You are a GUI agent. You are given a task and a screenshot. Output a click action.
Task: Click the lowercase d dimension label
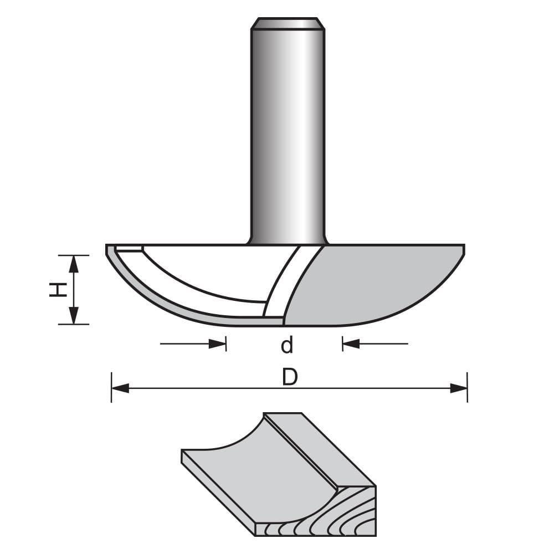click(x=286, y=345)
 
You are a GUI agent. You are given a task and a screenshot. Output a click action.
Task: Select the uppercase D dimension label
click(x=289, y=377)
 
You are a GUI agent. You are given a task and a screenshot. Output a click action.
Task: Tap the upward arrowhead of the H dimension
click(x=73, y=264)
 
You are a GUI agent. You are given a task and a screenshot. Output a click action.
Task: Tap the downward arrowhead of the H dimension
click(x=73, y=316)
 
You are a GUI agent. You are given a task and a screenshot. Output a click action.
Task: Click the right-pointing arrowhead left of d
click(x=218, y=344)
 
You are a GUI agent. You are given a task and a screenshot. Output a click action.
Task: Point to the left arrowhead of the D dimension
click(x=120, y=388)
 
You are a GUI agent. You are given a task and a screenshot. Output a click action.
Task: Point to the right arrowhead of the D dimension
click(x=459, y=388)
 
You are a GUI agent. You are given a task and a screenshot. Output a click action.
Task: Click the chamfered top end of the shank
click(x=287, y=24)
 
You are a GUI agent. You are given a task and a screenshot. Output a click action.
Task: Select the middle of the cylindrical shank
click(x=287, y=133)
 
